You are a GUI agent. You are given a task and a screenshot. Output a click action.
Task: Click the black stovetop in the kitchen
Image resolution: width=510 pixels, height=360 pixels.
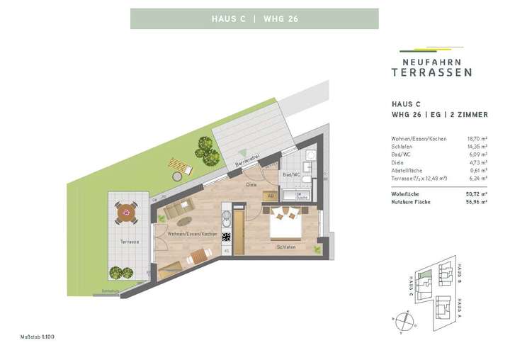pos(227,237)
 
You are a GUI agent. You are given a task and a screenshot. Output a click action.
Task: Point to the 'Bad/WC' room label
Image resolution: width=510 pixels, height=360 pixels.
pos(291,174)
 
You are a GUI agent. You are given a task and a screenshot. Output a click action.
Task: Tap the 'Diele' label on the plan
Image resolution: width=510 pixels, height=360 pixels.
pos(251,184)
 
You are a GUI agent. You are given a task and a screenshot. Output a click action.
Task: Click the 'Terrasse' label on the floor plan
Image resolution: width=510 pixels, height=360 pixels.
pos(129,242)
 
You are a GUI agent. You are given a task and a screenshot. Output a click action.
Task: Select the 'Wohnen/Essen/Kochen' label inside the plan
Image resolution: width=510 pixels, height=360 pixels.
pos(192,234)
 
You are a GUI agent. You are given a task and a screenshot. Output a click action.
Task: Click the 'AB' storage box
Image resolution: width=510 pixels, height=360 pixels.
pos(269,196)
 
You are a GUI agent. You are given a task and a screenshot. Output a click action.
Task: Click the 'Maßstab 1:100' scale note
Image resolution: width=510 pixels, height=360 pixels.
pos(38,336)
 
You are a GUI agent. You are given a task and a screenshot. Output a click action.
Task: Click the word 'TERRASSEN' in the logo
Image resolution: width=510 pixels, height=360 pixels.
pos(431,72)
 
